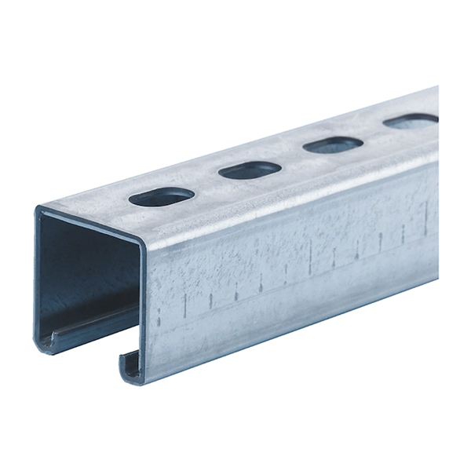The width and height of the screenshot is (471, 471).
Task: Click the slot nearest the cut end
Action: (162, 196)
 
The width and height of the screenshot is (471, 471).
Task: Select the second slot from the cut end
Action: (250, 170)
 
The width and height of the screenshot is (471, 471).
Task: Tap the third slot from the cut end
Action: (332, 144)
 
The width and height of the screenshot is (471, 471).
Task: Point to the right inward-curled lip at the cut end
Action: (130, 363)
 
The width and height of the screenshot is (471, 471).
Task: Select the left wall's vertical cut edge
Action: (36, 275)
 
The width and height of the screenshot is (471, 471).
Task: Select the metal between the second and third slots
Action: (291, 157)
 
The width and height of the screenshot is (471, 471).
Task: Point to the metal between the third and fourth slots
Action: (374, 133)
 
